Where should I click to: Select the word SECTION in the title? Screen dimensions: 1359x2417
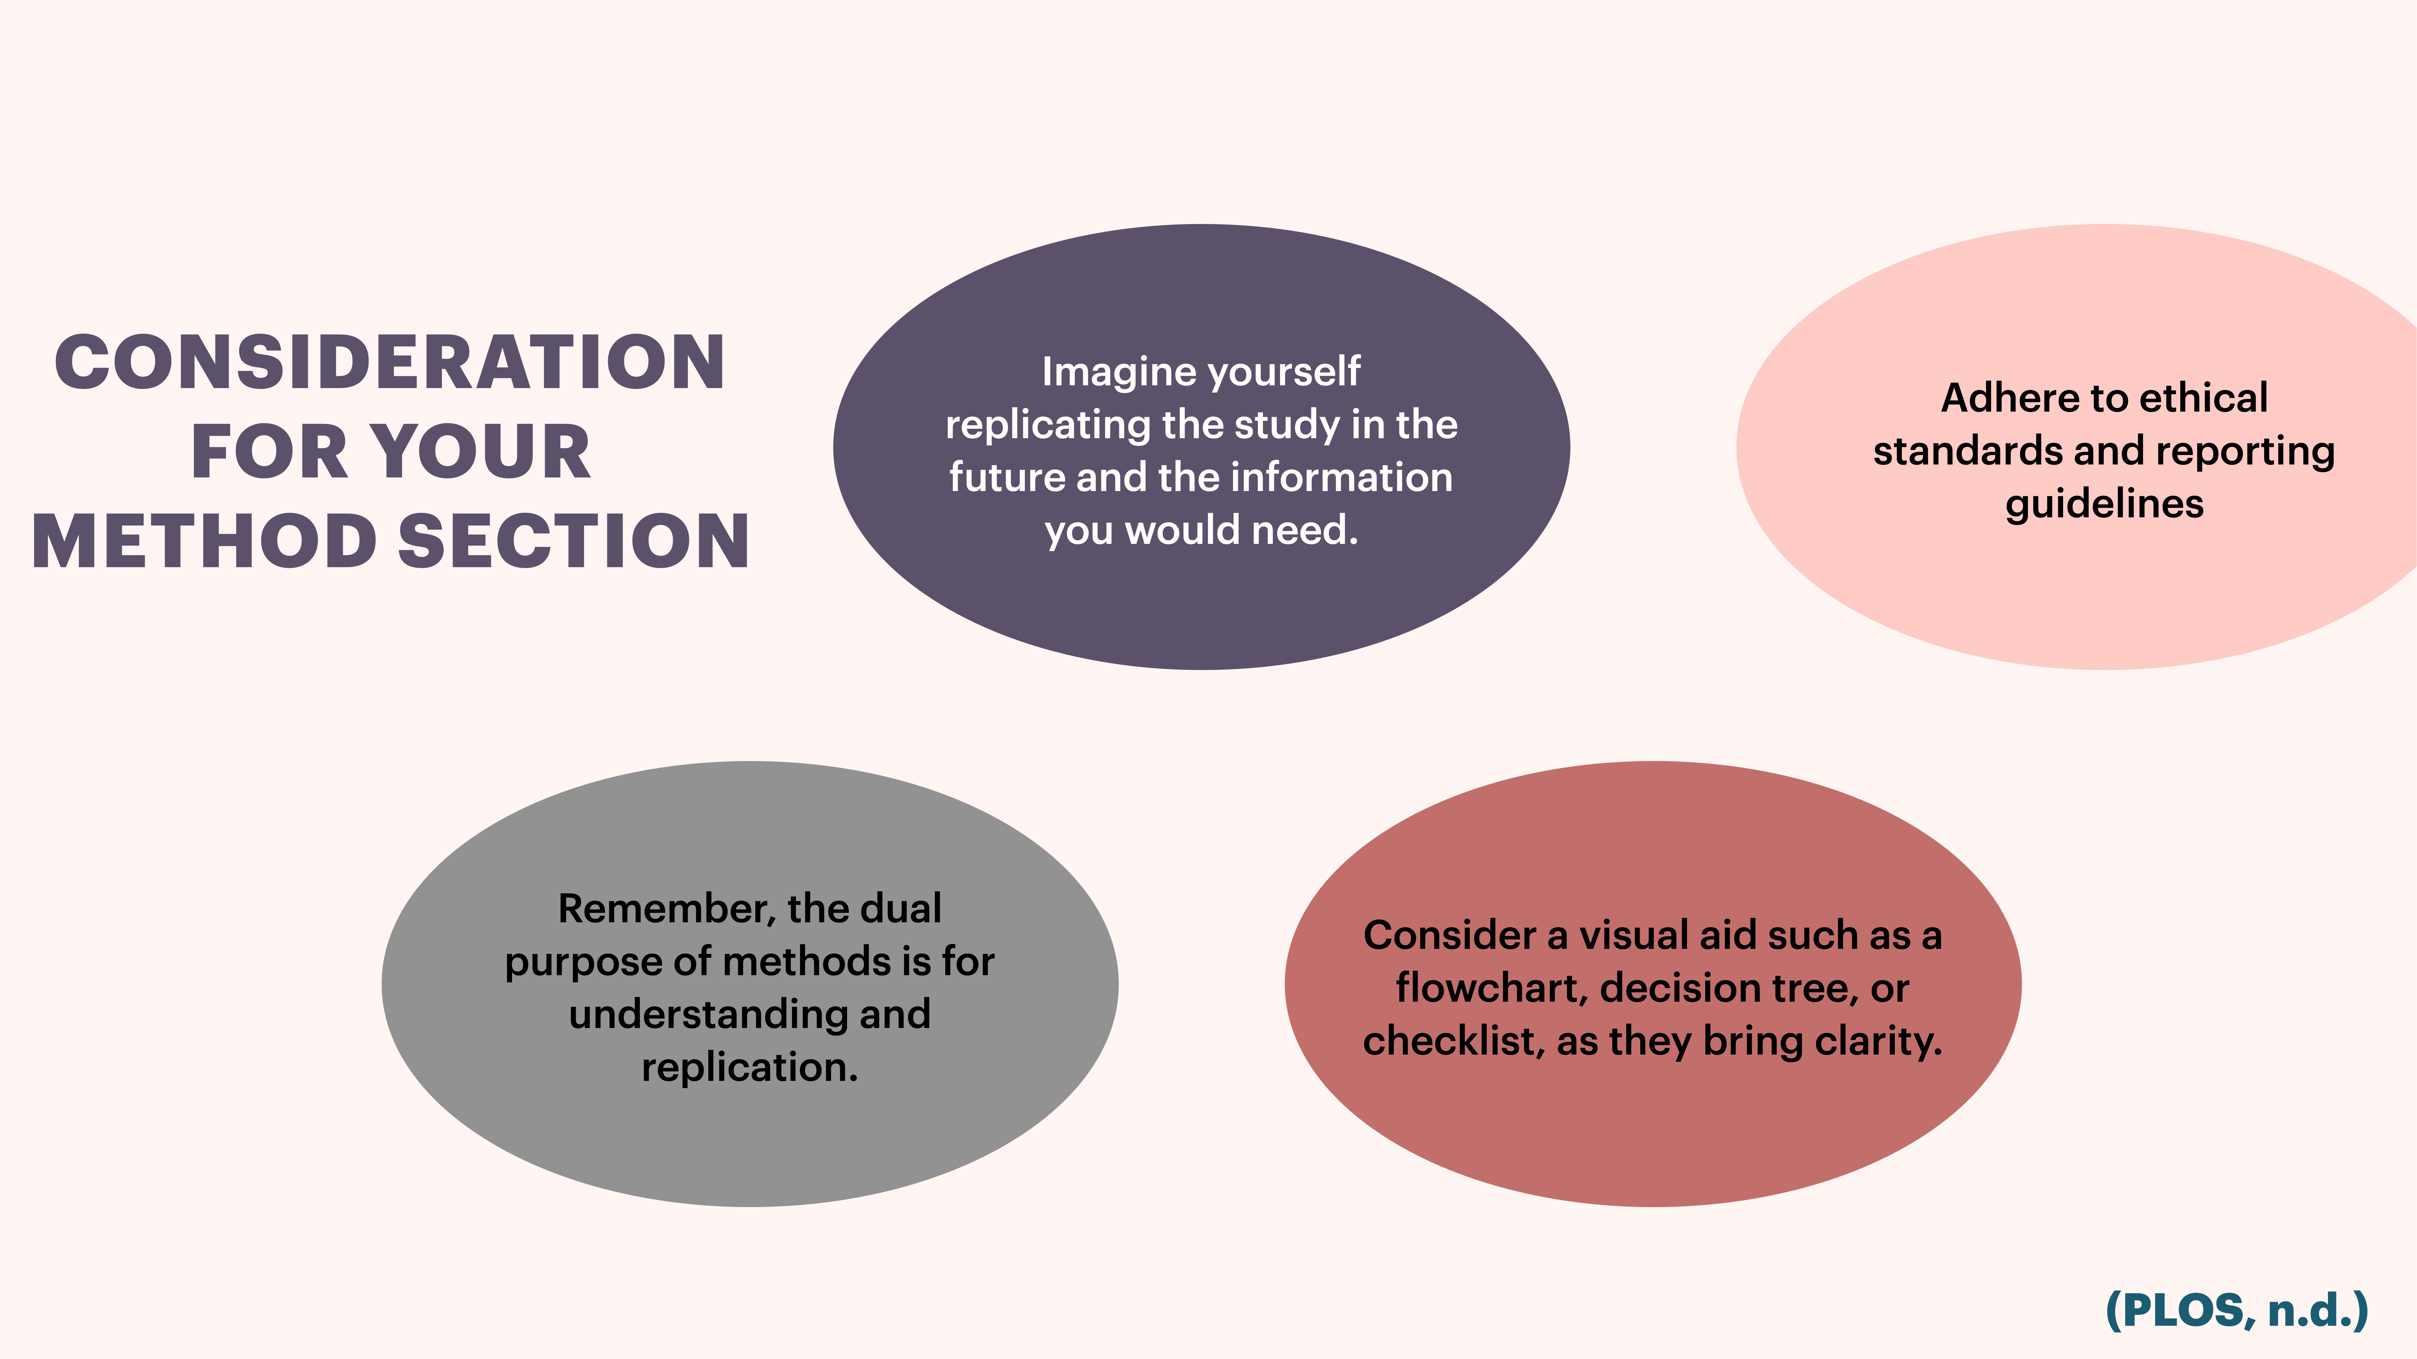point(574,542)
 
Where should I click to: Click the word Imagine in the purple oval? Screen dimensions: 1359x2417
point(1117,372)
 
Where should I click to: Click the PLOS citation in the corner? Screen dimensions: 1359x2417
point(2236,1310)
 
